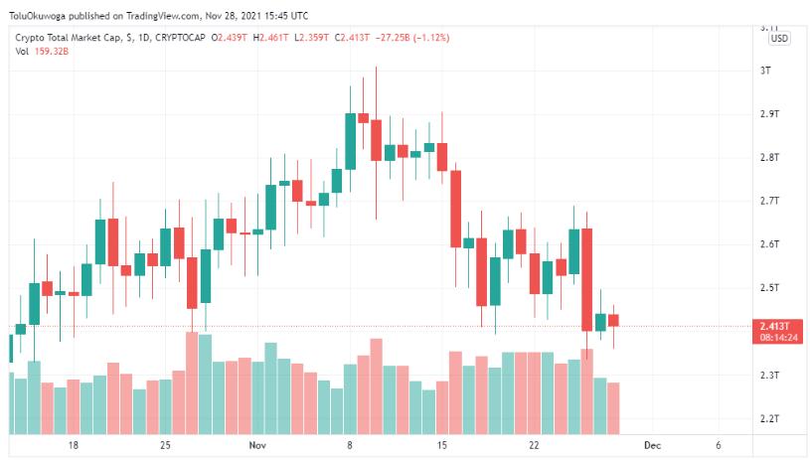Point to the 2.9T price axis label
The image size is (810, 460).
767,114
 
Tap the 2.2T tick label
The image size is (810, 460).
767,418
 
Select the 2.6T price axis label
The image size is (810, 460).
767,244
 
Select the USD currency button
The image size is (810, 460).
780,38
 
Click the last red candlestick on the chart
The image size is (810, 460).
614,320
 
